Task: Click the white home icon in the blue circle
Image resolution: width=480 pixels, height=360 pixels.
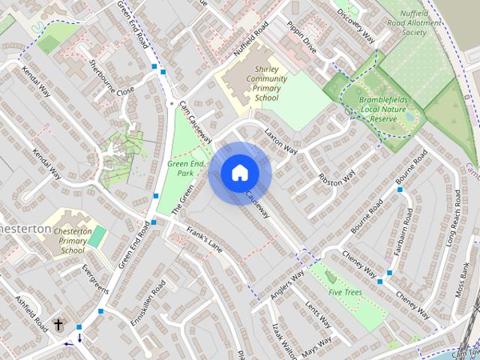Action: point(239,173)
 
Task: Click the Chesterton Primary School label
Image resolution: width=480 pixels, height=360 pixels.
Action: point(73,241)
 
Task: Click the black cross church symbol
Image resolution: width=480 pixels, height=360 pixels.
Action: point(58,325)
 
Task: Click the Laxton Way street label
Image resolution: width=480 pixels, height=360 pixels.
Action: point(281,140)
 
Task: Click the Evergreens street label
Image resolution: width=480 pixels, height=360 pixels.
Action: point(96,278)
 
